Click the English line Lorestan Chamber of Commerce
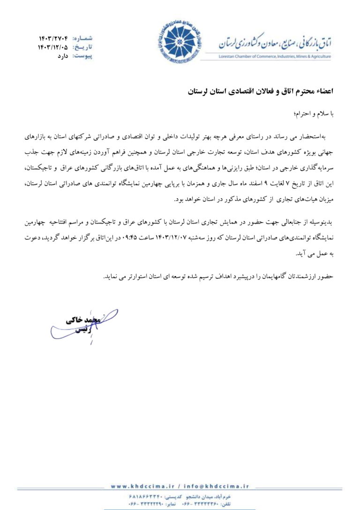[x=274, y=57]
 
